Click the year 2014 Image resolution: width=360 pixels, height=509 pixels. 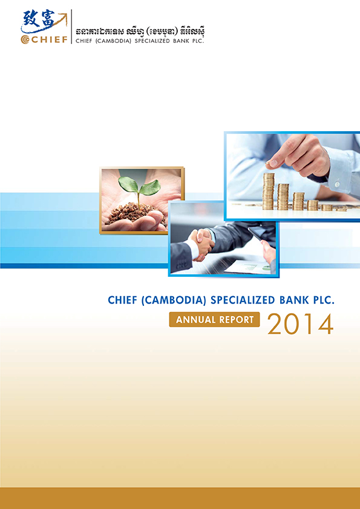coord(301,323)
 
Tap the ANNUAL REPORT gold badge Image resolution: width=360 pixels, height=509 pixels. coord(214,319)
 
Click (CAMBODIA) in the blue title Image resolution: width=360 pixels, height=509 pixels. coord(174,300)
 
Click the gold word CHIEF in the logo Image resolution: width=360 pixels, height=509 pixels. coord(49,40)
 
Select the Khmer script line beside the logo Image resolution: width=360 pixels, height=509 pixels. coord(140,33)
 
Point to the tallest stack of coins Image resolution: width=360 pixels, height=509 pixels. coord(269,191)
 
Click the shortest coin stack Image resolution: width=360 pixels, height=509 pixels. coord(341,209)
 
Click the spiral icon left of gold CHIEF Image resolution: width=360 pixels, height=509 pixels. coord(25,40)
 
